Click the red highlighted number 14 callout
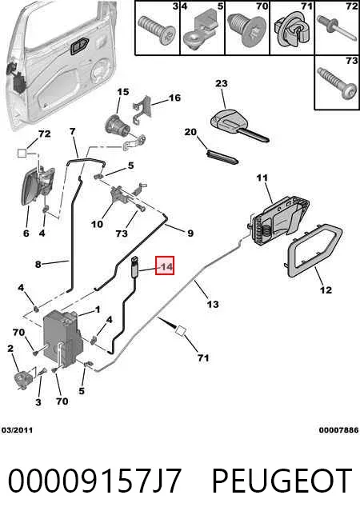tap(165, 265)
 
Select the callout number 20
tap(190, 132)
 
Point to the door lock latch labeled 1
tap(62, 338)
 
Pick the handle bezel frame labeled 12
tap(314, 251)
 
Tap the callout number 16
tap(174, 98)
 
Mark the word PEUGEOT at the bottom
tap(282, 481)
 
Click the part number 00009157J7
tap(94, 481)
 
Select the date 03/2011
tap(17, 430)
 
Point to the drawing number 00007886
tap(338, 430)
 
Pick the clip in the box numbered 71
tap(290, 32)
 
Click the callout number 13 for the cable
tap(213, 304)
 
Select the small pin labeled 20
tap(223, 157)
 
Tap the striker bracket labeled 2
tap(23, 380)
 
